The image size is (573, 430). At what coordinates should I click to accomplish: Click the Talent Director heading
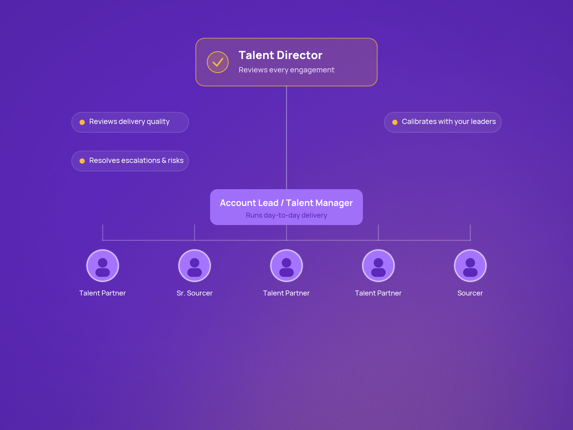click(x=280, y=55)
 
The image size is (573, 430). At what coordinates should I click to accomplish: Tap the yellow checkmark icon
click(x=218, y=62)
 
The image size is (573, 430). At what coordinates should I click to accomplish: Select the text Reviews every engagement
click(x=286, y=70)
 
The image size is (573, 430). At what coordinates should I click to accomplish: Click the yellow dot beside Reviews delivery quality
click(x=82, y=122)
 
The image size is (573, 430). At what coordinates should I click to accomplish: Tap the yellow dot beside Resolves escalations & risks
click(x=82, y=161)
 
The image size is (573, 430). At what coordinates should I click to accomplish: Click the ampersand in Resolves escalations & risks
click(x=164, y=161)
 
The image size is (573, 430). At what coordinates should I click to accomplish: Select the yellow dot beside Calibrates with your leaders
click(x=395, y=122)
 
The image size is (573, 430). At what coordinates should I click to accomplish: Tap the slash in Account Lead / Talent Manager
click(x=282, y=203)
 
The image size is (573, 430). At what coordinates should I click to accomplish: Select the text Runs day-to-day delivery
click(x=286, y=215)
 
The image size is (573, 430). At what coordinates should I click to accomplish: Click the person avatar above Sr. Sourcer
click(x=195, y=266)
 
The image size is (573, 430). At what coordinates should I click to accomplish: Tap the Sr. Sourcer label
click(x=195, y=293)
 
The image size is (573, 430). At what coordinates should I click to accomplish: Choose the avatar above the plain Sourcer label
click(x=470, y=266)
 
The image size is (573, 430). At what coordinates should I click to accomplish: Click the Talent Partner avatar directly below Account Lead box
click(x=286, y=266)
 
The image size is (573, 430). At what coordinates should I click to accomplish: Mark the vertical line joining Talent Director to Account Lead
click(x=286, y=138)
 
